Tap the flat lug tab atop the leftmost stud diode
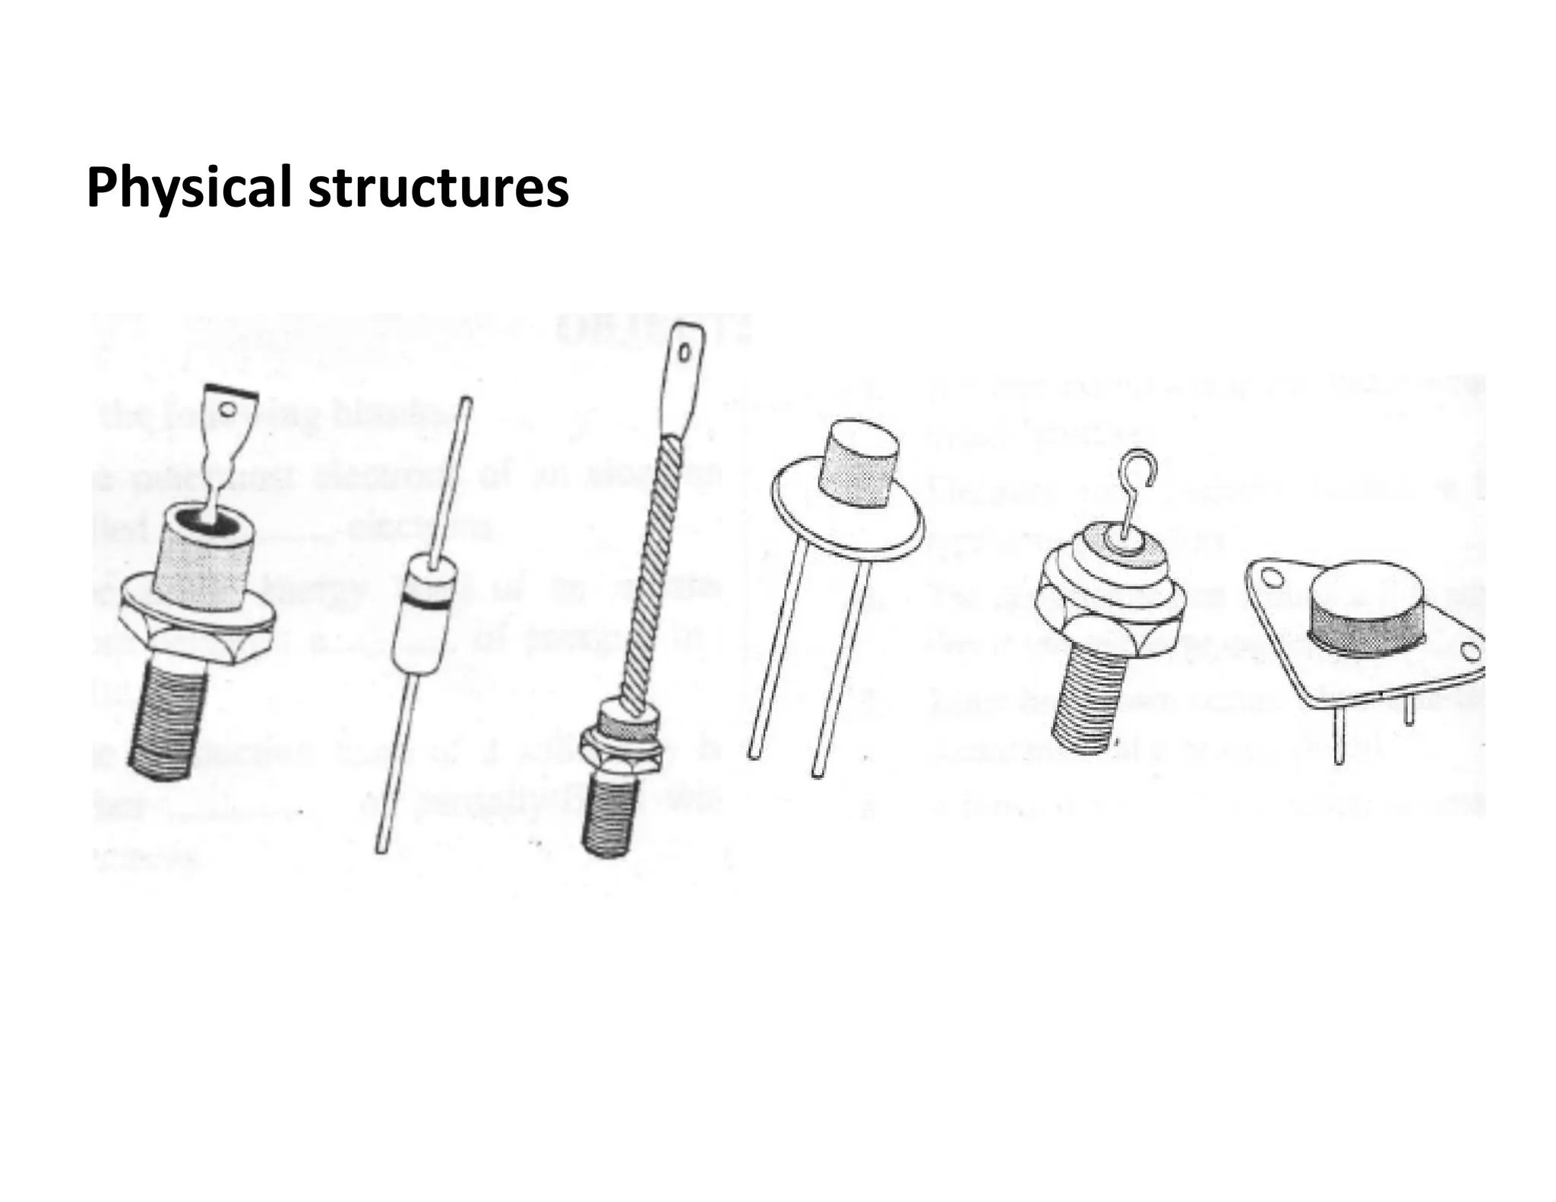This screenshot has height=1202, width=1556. pyautogui.click(x=228, y=410)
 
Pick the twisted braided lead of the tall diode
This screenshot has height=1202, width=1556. pyautogui.click(x=650, y=562)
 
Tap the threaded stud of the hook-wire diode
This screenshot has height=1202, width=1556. pyautogui.click(x=1090, y=703)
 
